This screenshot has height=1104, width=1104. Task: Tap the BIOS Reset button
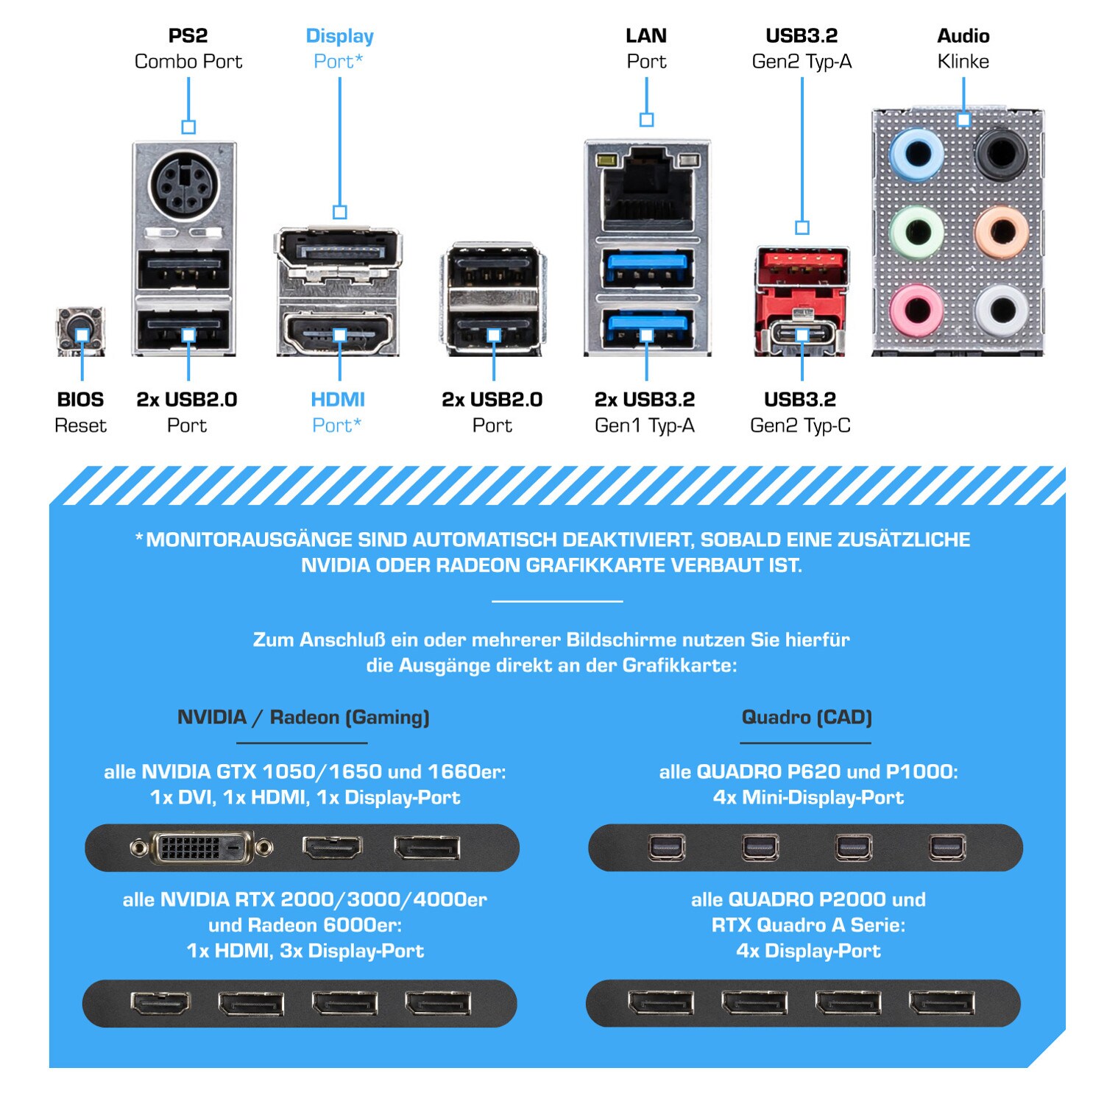81,332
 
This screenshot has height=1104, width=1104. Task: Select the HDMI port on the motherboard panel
339,335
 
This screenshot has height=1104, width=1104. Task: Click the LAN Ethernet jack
647,189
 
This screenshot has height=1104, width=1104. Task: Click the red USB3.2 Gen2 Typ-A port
802,266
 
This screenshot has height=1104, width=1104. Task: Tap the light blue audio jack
916,155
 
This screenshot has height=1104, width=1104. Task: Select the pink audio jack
916,309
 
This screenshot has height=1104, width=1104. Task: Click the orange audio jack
1001,232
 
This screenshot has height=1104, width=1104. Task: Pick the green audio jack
916,232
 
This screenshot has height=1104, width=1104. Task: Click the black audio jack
1001,155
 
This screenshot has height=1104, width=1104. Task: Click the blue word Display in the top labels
340,36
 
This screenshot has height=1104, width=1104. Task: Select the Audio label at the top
963,36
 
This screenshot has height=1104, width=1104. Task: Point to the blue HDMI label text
338,400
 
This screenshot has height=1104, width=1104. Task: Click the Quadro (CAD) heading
807,717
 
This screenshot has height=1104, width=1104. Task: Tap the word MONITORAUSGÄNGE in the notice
250,539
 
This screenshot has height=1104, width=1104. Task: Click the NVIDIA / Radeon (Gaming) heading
303,717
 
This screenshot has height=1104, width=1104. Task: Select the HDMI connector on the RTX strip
160,1002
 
